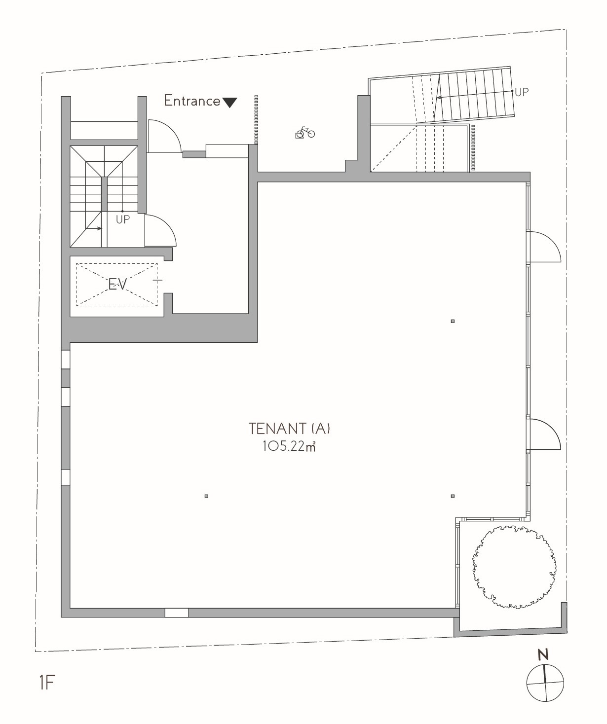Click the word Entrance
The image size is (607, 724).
coord(192,101)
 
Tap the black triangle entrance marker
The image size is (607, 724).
coord(229,103)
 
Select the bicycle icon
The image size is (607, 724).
coord(305,133)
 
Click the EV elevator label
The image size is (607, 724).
coord(117,285)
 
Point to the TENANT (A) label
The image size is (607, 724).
coord(289,429)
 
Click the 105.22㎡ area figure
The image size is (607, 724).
coord(289,446)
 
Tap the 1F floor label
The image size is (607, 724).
coord(47,683)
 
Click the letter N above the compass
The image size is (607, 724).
coord(543,655)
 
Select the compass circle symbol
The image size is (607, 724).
coord(545,683)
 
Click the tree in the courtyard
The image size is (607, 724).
coord(514,567)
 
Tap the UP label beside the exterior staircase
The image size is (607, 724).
coord(522,92)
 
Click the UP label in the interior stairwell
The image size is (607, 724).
coord(123,219)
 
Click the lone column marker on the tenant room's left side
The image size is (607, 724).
coord(206,496)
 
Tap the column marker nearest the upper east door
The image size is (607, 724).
coord(453,322)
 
